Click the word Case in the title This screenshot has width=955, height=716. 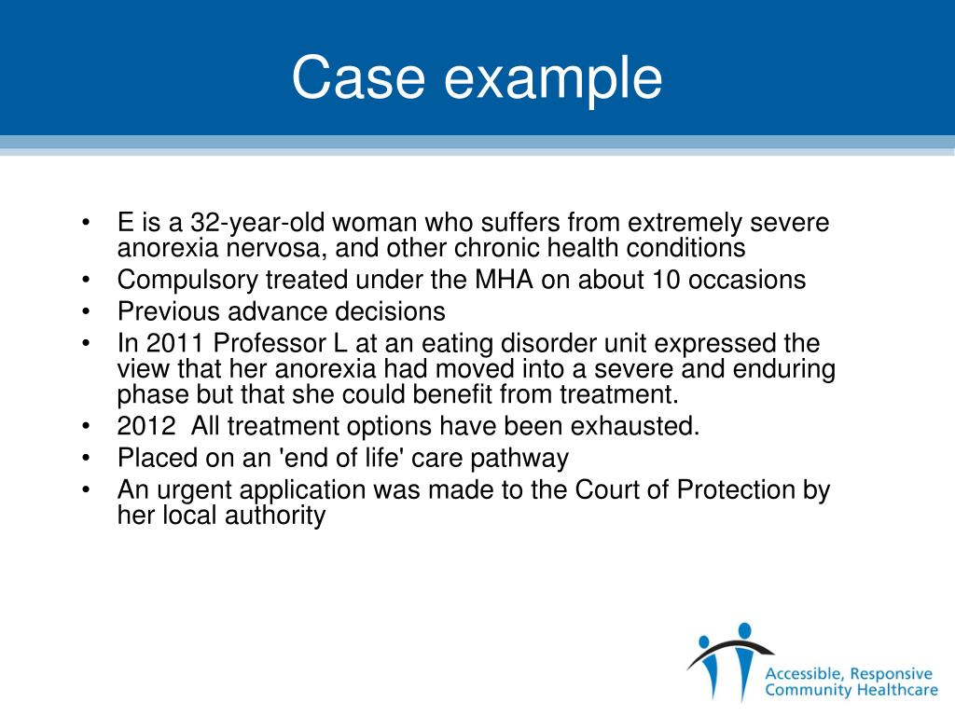[x=357, y=78]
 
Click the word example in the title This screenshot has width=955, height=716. [x=553, y=80]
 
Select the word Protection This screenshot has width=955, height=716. [x=737, y=489]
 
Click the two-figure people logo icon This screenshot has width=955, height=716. [x=729, y=657]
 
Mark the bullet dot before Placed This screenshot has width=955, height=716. [x=87, y=459]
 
